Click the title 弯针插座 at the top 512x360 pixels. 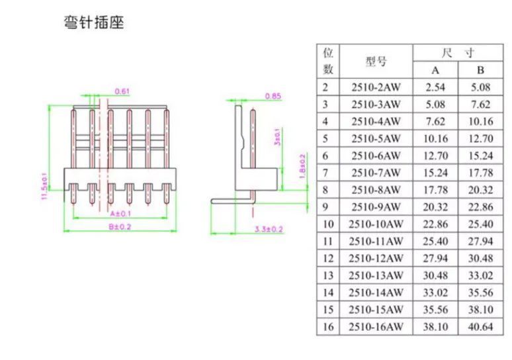(94, 22)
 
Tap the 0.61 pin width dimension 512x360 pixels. (122, 91)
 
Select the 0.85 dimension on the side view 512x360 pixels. (273, 96)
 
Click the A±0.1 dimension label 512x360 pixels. (120, 214)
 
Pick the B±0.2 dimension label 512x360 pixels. (120, 227)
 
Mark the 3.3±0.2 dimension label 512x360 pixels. (269, 230)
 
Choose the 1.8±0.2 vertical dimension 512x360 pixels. (302, 166)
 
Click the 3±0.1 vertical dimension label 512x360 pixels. (277, 137)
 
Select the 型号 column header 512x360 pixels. (376, 61)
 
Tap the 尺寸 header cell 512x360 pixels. (458, 53)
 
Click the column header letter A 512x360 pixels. (435, 70)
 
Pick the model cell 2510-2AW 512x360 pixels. (376, 87)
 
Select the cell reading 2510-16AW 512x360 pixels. (376, 327)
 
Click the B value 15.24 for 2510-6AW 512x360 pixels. (481, 156)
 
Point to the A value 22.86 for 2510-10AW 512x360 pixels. (435, 224)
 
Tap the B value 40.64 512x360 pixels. (481, 327)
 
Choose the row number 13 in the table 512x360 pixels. (328, 275)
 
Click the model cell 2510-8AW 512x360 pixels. (376, 190)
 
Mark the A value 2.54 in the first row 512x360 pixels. (435, 87)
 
